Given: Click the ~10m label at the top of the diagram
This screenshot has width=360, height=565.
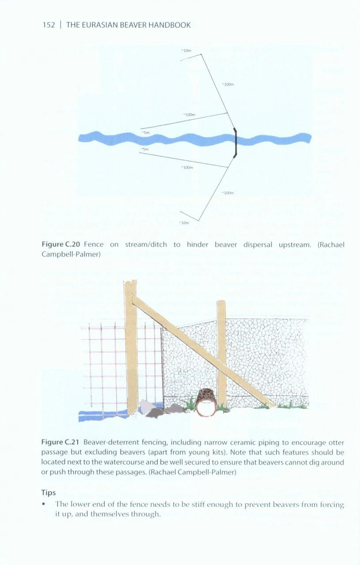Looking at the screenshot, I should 186,51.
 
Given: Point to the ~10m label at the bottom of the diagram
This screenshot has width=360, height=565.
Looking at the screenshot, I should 185,222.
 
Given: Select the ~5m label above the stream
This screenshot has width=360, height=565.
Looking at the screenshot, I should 146,132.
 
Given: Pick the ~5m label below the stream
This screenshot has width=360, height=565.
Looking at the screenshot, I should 144,150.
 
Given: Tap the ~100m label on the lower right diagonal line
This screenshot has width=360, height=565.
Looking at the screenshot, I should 227,193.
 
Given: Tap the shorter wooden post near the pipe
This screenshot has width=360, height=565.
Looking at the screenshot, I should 222,353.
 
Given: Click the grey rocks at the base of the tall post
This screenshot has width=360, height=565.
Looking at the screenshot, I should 155,409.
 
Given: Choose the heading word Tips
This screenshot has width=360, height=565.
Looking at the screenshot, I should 49,492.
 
